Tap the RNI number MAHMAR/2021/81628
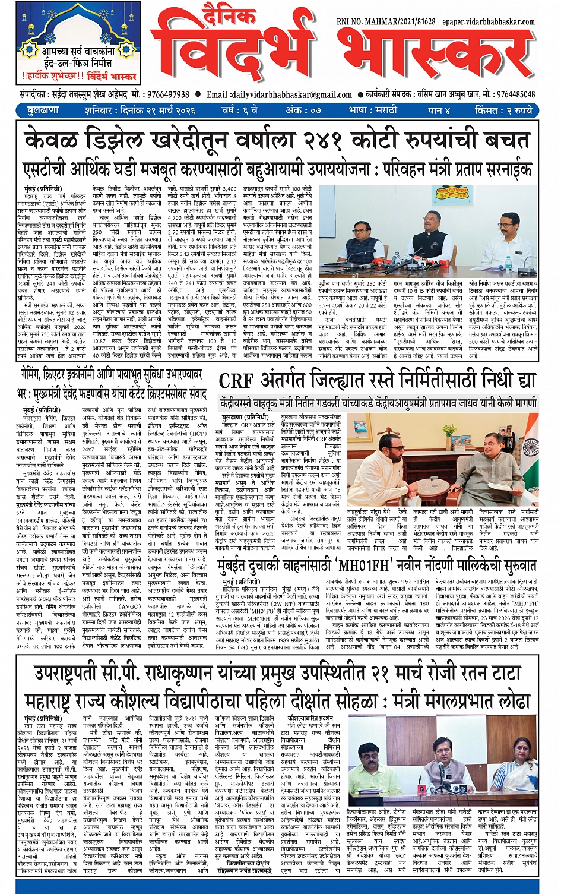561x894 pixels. (395, 21)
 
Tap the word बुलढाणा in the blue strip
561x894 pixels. (43, 110)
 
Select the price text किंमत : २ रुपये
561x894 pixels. (504, 110)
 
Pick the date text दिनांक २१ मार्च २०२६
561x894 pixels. (158, 110)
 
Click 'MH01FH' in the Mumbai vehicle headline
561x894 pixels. (385, 331)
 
